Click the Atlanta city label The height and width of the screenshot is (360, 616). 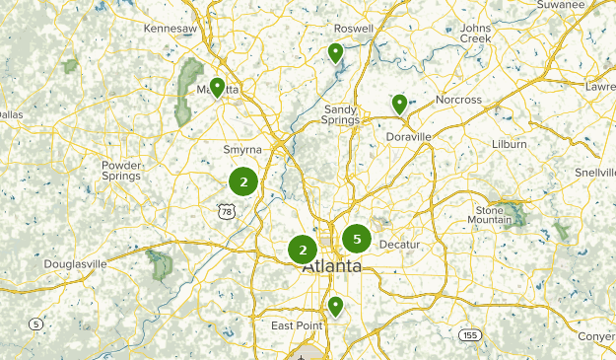click(x=331, y=267)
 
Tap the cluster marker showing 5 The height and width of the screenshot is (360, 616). click(x=357, y=238)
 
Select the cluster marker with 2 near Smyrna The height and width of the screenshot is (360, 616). click(x=243, y=181)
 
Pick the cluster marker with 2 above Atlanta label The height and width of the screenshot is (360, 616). click(x=303, y=250)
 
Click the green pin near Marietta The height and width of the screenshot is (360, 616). click(x=217, y=88)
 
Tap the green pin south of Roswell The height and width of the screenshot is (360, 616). click(x=336, y=52)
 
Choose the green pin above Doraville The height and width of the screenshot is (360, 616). click(x=399, y=104)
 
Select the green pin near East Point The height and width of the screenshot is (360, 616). click(x=336, y=306)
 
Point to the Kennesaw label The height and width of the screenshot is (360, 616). click(x=171, y=30)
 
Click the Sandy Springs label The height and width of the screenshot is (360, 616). click(x=341, y=114)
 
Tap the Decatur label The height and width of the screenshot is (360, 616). click(x=399, y=244)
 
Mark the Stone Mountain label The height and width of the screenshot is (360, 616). click(x=491, y=216)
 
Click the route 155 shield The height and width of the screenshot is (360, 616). click(x=470, y=335)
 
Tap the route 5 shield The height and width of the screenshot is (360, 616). click(x=35, y=324)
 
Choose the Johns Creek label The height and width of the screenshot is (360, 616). click(x=475, y=34)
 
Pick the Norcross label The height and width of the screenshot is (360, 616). click(x=460, y=100)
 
